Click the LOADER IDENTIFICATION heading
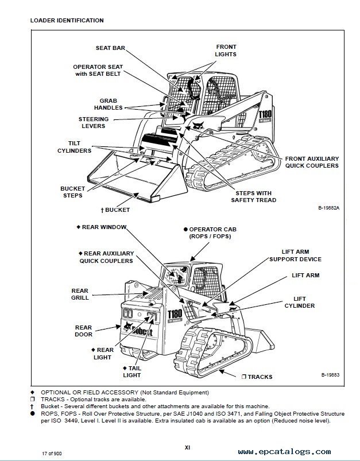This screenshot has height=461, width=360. click(67, 20)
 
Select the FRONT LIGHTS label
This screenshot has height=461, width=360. click(226, 51)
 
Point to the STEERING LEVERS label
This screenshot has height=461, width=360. click(93, 123)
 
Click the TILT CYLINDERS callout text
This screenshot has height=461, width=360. click(74, 146)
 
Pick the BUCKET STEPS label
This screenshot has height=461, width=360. click(72, 192)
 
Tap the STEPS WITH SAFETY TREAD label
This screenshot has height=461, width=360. click(253, 196)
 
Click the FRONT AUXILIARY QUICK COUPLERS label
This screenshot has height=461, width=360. click(312, 162)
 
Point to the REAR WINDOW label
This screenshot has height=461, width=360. click(103, 227)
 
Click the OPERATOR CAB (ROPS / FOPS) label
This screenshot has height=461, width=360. click(212, 233)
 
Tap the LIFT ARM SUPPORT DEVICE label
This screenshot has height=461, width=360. click(295, 255)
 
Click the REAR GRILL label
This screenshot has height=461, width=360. click(80, 295)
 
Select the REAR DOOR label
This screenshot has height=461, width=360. click(83, 331)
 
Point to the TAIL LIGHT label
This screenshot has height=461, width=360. click(131, 371)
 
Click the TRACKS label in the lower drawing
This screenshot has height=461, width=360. click(260, 377)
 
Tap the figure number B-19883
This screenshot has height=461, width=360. click(330, 375)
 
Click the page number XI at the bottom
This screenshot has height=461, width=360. click(187, 447)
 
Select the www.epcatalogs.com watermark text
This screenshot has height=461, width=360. click(284, 452)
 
